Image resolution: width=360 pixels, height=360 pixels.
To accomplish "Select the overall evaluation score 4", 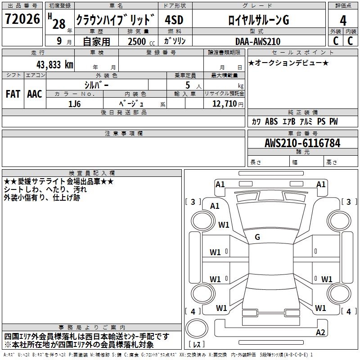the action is click(x=343, y=21).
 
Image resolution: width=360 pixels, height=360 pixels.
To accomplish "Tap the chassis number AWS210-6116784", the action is click(x=302, y=144).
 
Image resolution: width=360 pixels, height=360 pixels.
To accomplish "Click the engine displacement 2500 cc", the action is click(x=138, y=41).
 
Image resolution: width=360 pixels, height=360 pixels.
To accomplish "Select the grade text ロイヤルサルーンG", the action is click(x=258, y=21).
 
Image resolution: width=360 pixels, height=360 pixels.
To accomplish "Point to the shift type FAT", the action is click(x=13, y=94).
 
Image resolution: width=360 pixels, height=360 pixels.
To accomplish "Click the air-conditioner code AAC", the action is click(x=34, y=94).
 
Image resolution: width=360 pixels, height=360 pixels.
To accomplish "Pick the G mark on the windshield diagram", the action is click(x=257, y=237).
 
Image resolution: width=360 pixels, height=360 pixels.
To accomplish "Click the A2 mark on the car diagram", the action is click(x=320, y=333).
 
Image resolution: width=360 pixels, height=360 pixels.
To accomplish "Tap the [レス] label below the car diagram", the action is click(x=197, y=345).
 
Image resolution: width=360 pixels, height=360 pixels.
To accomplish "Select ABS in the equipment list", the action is click(x=271, y=121).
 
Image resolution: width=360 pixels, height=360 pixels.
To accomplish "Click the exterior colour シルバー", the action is click(x=97, y=85).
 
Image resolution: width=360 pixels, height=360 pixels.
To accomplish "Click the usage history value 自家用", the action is click(x=97, y=41).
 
